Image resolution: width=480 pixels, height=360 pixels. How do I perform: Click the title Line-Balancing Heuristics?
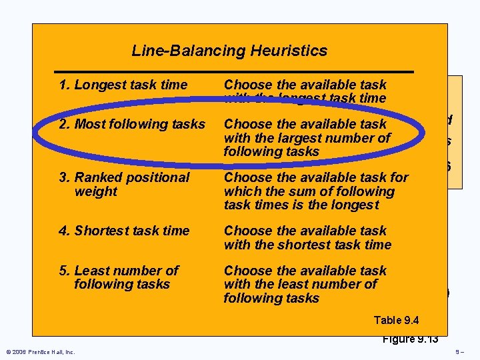(229, 51)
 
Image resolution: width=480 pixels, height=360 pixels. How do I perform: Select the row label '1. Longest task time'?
(123, 85)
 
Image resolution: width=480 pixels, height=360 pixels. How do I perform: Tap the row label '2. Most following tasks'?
(132, 124)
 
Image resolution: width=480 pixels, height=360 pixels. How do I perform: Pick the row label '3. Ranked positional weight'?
(124, 184)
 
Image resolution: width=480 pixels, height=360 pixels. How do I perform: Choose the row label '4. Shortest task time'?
(124, 231)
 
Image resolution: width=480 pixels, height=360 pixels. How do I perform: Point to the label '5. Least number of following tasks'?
(119, 277)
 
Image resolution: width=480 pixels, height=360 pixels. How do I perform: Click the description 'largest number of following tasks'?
(307, 138)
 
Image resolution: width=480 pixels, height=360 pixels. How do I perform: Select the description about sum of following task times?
(316, 191)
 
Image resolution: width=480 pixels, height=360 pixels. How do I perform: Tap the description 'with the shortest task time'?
(307, 237)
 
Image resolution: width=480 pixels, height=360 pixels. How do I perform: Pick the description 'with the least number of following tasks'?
(305, 284)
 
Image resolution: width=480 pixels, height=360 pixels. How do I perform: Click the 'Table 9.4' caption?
(397, 321)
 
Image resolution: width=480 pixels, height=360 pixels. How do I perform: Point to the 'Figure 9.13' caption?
(410, 339)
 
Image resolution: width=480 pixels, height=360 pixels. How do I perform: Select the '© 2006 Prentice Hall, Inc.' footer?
(40, 351)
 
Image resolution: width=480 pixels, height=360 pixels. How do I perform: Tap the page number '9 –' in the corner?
(459, 351)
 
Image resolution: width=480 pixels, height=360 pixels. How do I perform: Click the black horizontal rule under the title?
(233, 71)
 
